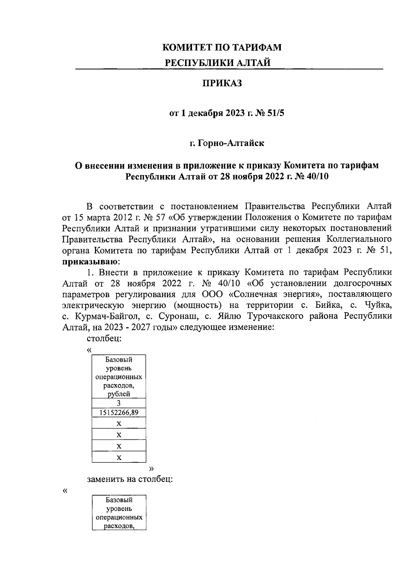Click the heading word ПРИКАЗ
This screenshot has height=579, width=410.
222,83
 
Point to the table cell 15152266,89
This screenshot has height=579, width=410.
119,412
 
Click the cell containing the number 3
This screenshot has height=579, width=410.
119,403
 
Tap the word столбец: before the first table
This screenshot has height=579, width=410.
105,339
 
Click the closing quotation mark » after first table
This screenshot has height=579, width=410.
152,468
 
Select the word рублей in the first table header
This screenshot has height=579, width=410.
119,394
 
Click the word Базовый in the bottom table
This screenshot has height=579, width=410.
119,500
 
